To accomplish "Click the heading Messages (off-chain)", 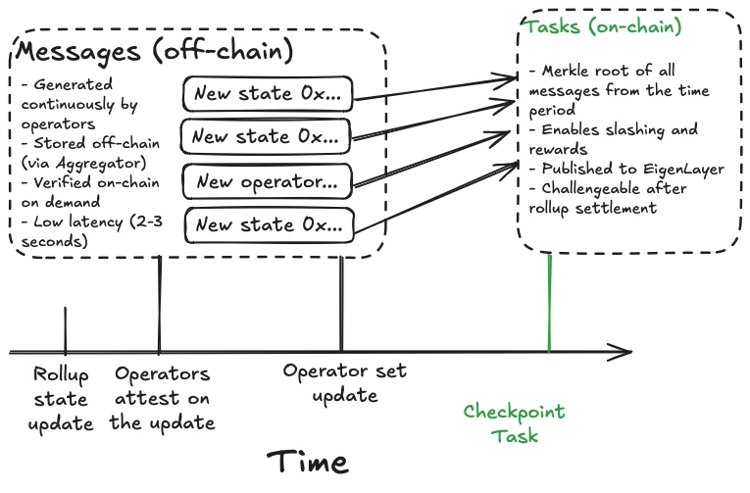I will (155, 49).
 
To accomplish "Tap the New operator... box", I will (267, 181).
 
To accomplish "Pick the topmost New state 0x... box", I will (267, 93).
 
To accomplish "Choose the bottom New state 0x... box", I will (268, 224).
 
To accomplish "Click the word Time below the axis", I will (307, 461).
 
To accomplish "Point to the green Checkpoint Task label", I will (514, 423).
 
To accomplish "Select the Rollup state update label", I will (63, 399).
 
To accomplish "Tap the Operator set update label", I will (344, 383).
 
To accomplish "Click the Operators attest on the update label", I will (162, 399).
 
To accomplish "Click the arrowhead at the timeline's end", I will (624, 351).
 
